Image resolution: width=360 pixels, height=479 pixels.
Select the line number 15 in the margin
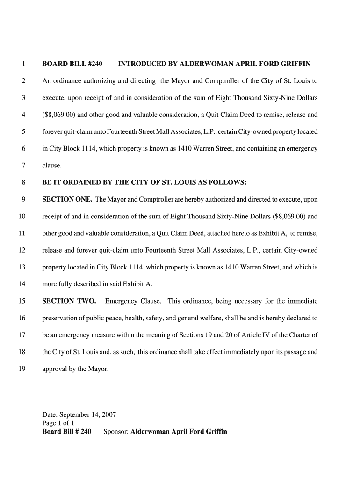[22, 301]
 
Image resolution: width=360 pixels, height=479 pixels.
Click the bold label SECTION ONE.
[67, 199]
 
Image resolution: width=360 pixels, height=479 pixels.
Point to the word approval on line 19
[54, 369]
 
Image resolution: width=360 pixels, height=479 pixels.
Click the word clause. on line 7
[52, 165]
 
